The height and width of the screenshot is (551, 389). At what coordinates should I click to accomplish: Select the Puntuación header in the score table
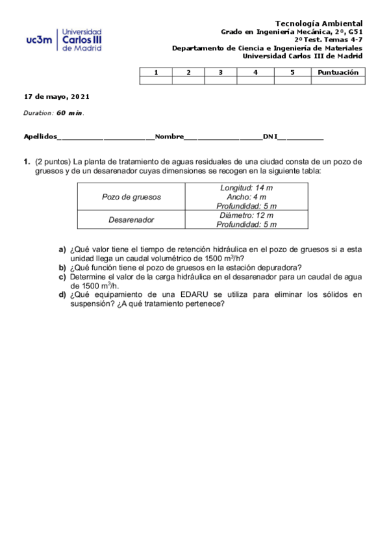point(338,72)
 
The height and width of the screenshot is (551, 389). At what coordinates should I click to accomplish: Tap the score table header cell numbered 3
point(220,72)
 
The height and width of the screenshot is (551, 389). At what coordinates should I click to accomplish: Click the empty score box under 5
point(292,81)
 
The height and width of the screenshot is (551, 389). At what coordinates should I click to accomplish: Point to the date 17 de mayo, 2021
point(56,96)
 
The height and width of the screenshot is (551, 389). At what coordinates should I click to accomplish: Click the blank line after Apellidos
point(105,137)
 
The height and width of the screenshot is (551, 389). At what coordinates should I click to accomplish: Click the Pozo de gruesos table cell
point(132,197)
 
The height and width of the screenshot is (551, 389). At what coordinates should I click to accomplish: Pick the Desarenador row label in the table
point(131,220)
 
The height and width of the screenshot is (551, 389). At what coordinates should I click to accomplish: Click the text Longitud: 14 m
point(246,188)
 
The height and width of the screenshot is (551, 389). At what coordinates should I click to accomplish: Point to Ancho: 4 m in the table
point(246,197)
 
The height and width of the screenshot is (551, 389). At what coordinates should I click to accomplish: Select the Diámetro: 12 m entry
point(246,215)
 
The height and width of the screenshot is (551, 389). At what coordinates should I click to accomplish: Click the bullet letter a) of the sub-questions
point(62,250)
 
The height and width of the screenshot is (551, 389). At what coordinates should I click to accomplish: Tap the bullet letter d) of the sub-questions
point(62,294)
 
